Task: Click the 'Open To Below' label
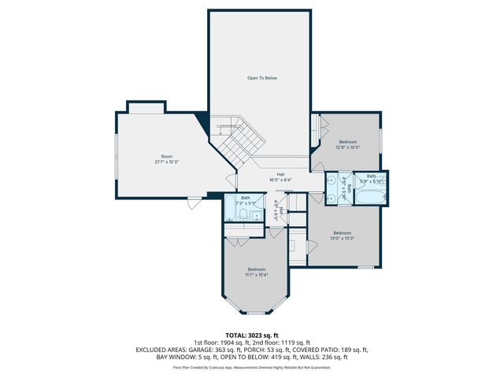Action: tap(262, 78)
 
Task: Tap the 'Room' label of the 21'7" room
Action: tap(166, 157)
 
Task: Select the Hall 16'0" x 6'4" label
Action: tap(280, 176)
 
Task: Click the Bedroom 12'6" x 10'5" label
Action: tap(347, 143)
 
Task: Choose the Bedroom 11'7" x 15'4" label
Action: tap(257, 272)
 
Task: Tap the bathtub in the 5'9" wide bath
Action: tap(367, 190)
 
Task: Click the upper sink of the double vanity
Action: tap(333, 180)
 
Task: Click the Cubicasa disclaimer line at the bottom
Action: tap(252, 367)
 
